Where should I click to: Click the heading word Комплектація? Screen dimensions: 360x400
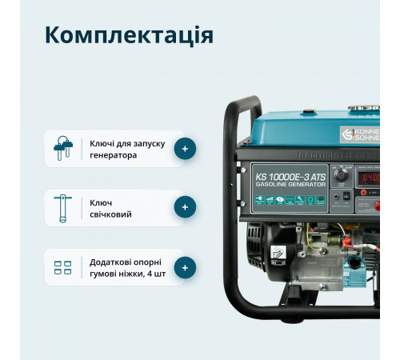tap(129, 35)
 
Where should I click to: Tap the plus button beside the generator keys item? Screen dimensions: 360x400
tap(185, 149)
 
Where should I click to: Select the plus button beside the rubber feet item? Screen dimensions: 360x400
tap(185, 268)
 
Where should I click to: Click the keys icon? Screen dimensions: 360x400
tap(62, 149)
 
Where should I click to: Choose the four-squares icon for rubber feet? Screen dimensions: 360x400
tap(62, 268)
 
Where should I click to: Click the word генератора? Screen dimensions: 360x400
tap(114, 155)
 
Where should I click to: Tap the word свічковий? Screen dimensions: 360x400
tap(111, 214)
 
